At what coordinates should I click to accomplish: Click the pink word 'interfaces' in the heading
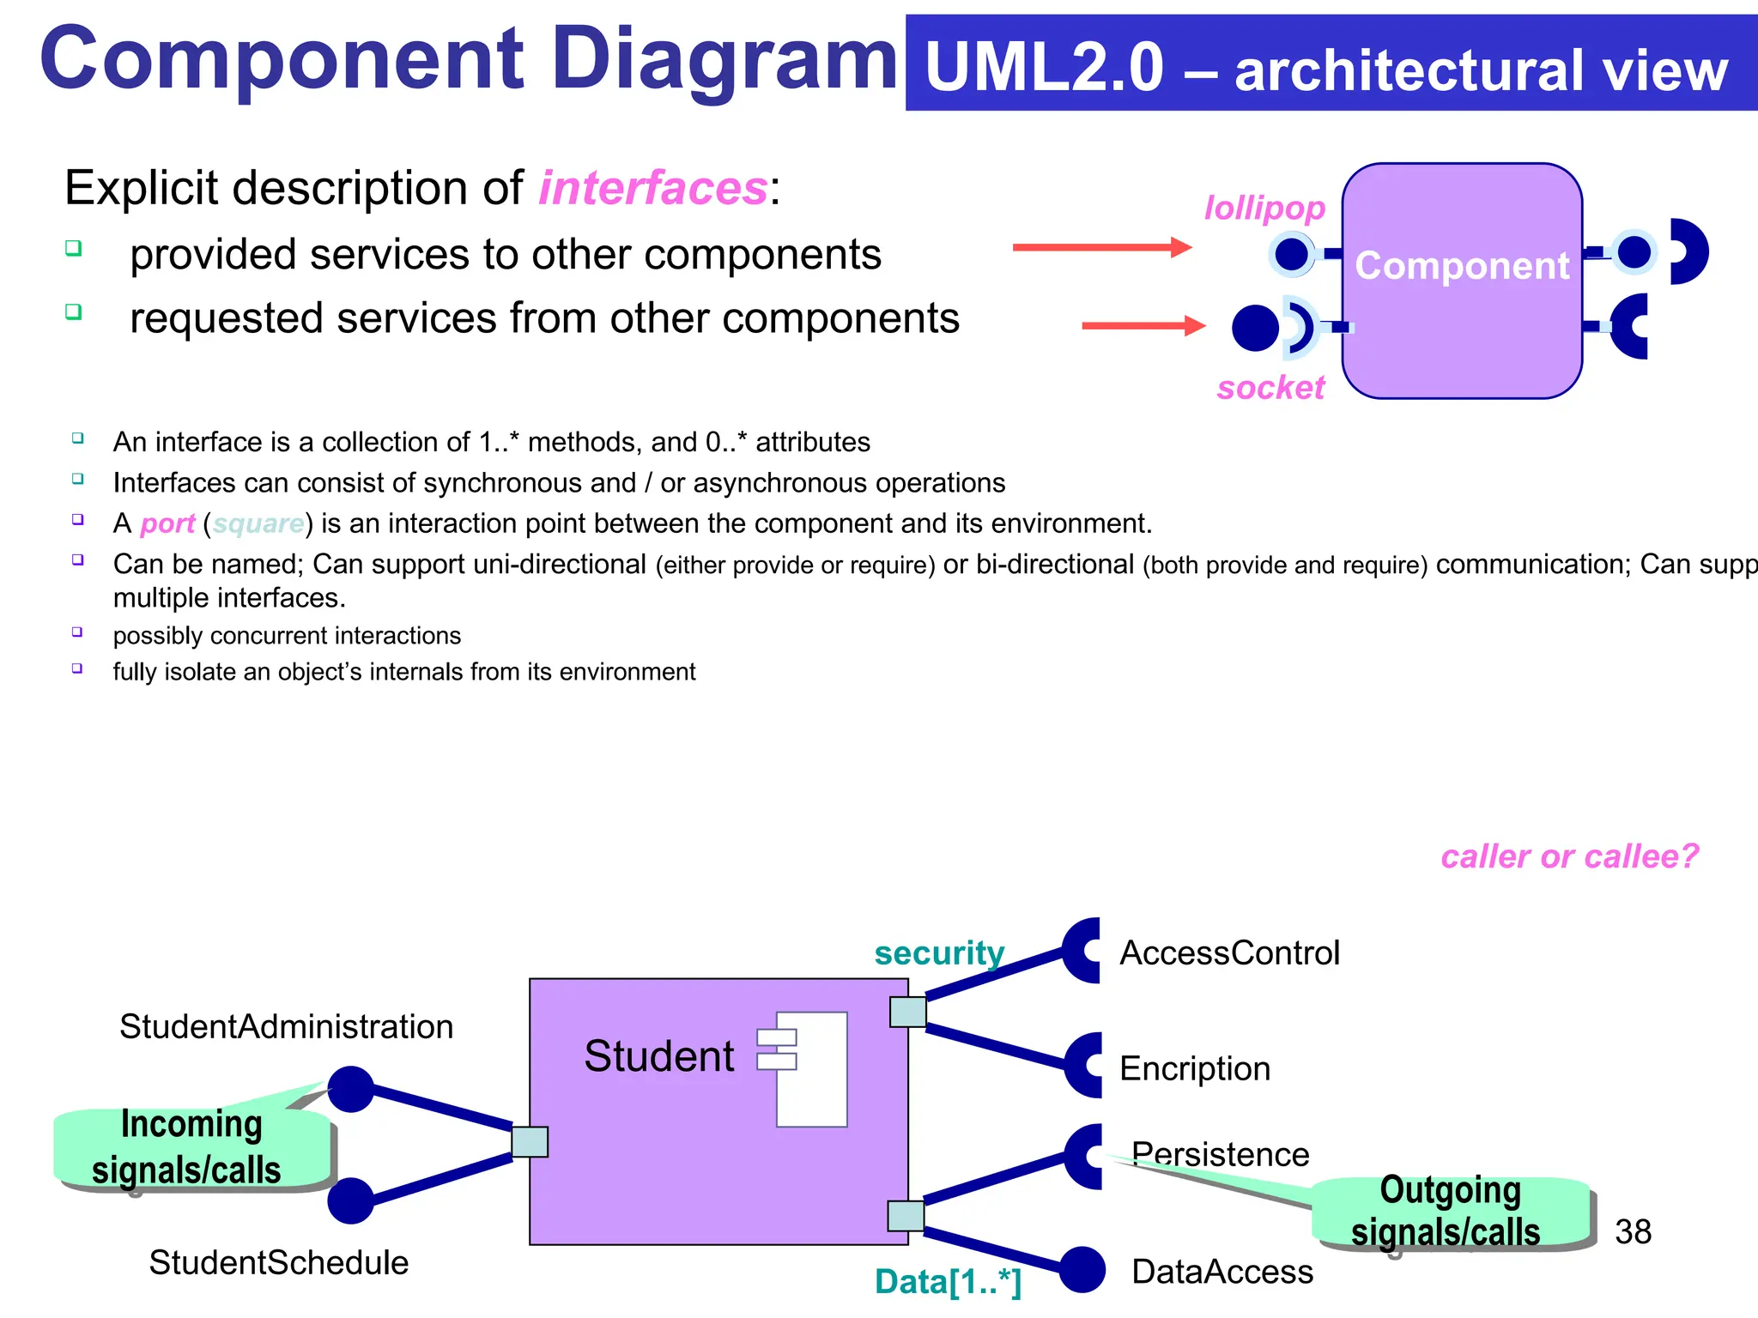(652, 188)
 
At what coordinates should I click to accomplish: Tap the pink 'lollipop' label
(1264, 208)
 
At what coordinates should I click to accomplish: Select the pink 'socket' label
(1270, 388)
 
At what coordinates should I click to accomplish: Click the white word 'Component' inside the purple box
(1462, 266)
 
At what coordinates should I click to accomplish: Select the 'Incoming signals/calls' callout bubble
(191, 1147)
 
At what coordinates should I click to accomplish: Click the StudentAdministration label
(286, 1026)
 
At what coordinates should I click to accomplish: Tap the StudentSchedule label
(278, 1262)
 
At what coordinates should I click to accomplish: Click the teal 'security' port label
(939, 952)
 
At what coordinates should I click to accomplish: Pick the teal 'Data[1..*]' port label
(948, 1282)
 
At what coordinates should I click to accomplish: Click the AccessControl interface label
(1229, 952)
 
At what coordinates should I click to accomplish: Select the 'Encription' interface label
(1195, 1068)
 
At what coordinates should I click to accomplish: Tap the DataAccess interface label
(1222, 1272)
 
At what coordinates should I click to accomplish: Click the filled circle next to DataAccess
(1082, 1270)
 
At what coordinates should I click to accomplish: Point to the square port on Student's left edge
(530, 1142)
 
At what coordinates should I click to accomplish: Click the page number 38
(1633, 1232)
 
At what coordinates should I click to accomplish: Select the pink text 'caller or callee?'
(1569, 856)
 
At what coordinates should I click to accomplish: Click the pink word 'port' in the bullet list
(167, 523)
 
